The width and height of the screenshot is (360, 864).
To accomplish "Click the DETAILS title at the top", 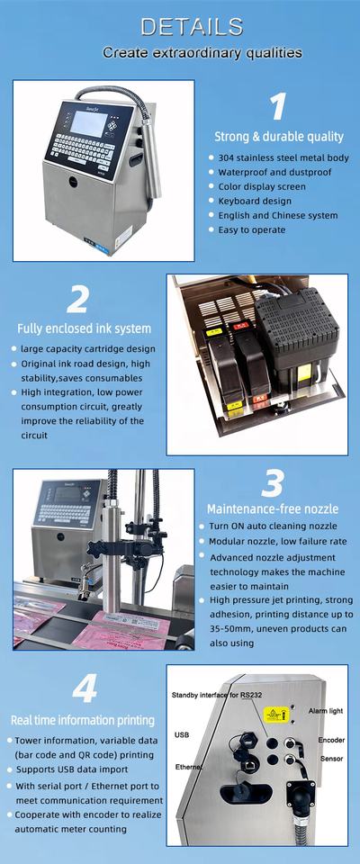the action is [x=192, y=26].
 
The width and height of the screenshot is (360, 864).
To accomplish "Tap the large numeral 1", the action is [x=278, y=106].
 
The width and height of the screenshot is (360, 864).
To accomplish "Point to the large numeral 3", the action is [x=273, y=484].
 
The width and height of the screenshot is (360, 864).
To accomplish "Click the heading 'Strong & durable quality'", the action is [x=278, y=136].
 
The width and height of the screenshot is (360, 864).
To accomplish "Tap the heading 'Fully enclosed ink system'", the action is [x=84, y=329].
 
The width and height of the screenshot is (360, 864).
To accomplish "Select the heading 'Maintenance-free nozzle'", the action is [x=273, y=508].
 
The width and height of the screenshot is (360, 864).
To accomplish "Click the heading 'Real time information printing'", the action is [x=83, y=720].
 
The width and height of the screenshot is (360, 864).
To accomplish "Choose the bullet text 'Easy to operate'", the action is [x=251, y=229].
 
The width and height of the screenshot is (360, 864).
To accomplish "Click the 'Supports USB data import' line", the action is [x=72, y=769].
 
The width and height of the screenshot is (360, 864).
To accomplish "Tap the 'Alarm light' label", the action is [x=325, y=711].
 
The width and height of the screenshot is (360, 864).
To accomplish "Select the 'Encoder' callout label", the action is [x=331, y=740].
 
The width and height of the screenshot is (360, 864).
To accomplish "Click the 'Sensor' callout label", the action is [x=332, y=758].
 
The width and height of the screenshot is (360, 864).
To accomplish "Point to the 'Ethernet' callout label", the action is [x=189, y=767].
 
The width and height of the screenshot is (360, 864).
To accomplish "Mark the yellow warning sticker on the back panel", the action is [x=274, y=715].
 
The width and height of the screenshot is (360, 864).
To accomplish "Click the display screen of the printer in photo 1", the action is [x=88, y=123].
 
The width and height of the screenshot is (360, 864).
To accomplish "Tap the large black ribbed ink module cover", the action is [x=296, y=329].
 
